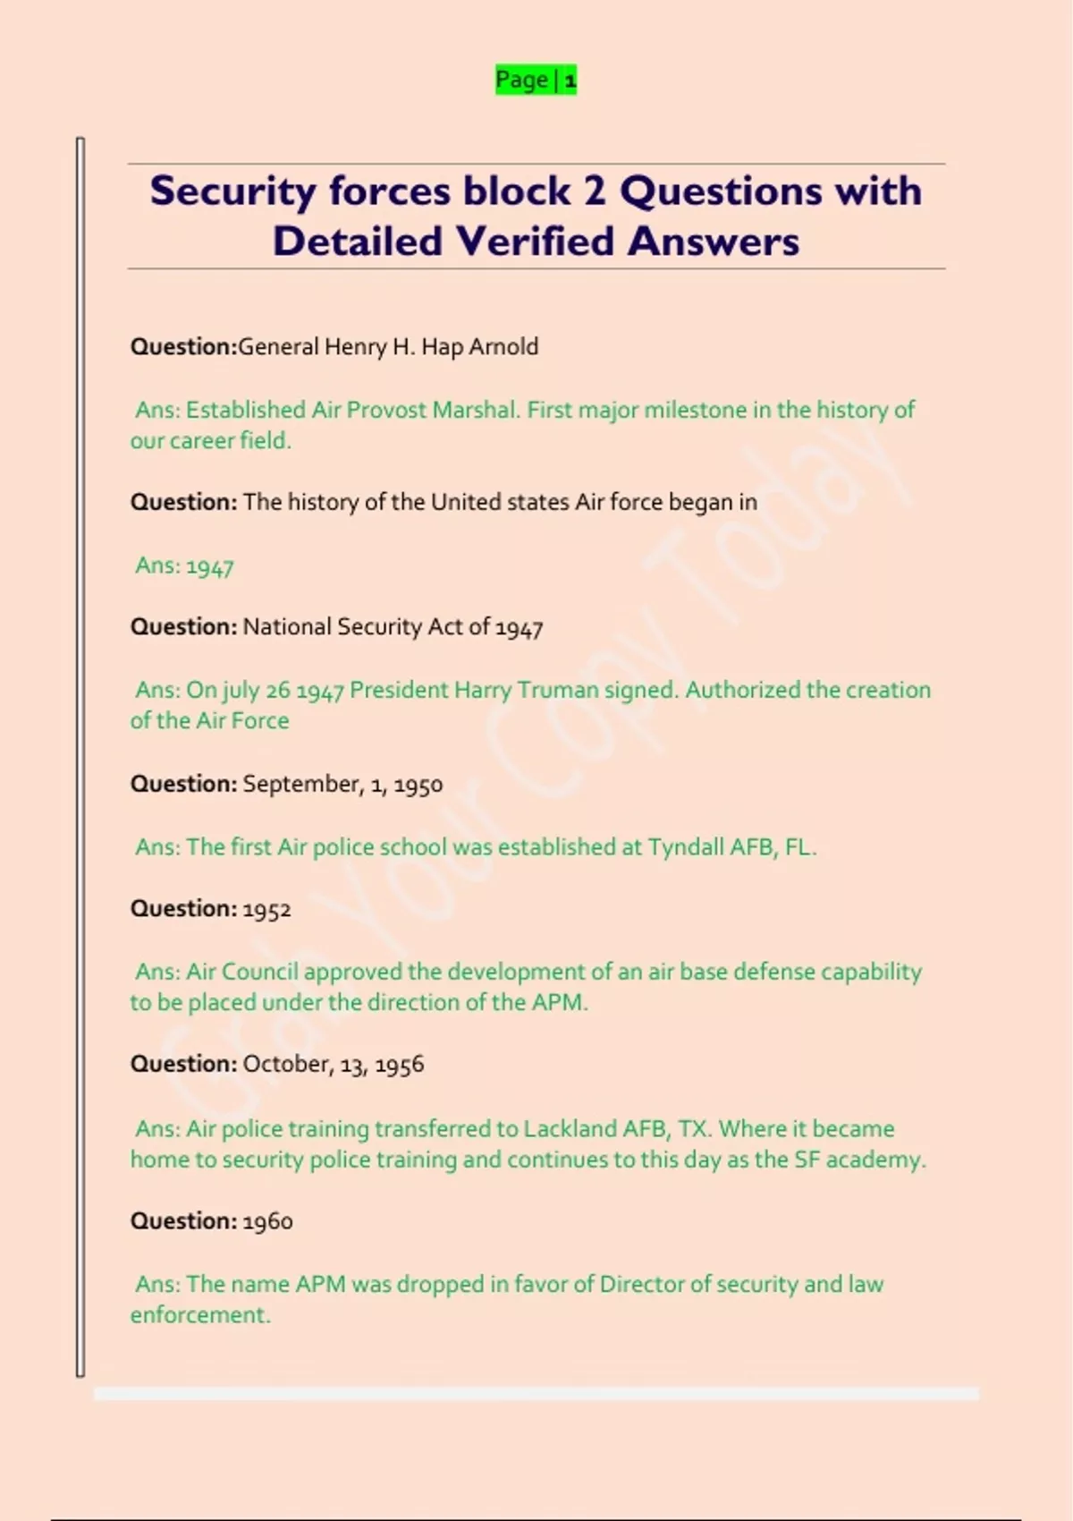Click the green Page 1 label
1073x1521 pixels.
coord(536,80)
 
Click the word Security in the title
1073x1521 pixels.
coord(232,191)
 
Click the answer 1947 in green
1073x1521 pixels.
coord(210,566)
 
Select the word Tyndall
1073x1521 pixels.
coord(685,847)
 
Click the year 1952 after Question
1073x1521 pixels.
coord(266,910)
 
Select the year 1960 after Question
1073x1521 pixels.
coord(267,1222)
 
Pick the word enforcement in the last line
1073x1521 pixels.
coord(199,1315)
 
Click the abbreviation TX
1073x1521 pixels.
coord(693,1129)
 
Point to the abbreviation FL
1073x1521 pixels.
coord(799,847)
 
